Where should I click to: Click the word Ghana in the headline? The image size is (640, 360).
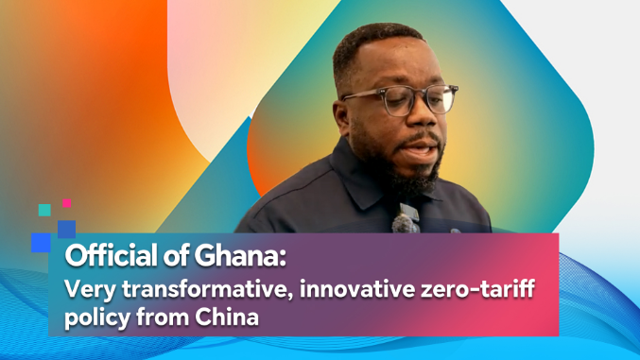click(x=239, y=255)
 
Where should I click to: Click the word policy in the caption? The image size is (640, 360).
click(x=96, y=318)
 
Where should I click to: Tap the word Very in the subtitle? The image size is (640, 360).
click(x=90, y=290)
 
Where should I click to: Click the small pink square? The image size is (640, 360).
click(x=67, y=203)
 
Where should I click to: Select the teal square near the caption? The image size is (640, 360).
click(x=44, y=210)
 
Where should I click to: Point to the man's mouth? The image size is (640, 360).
click(x=421, y=147)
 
